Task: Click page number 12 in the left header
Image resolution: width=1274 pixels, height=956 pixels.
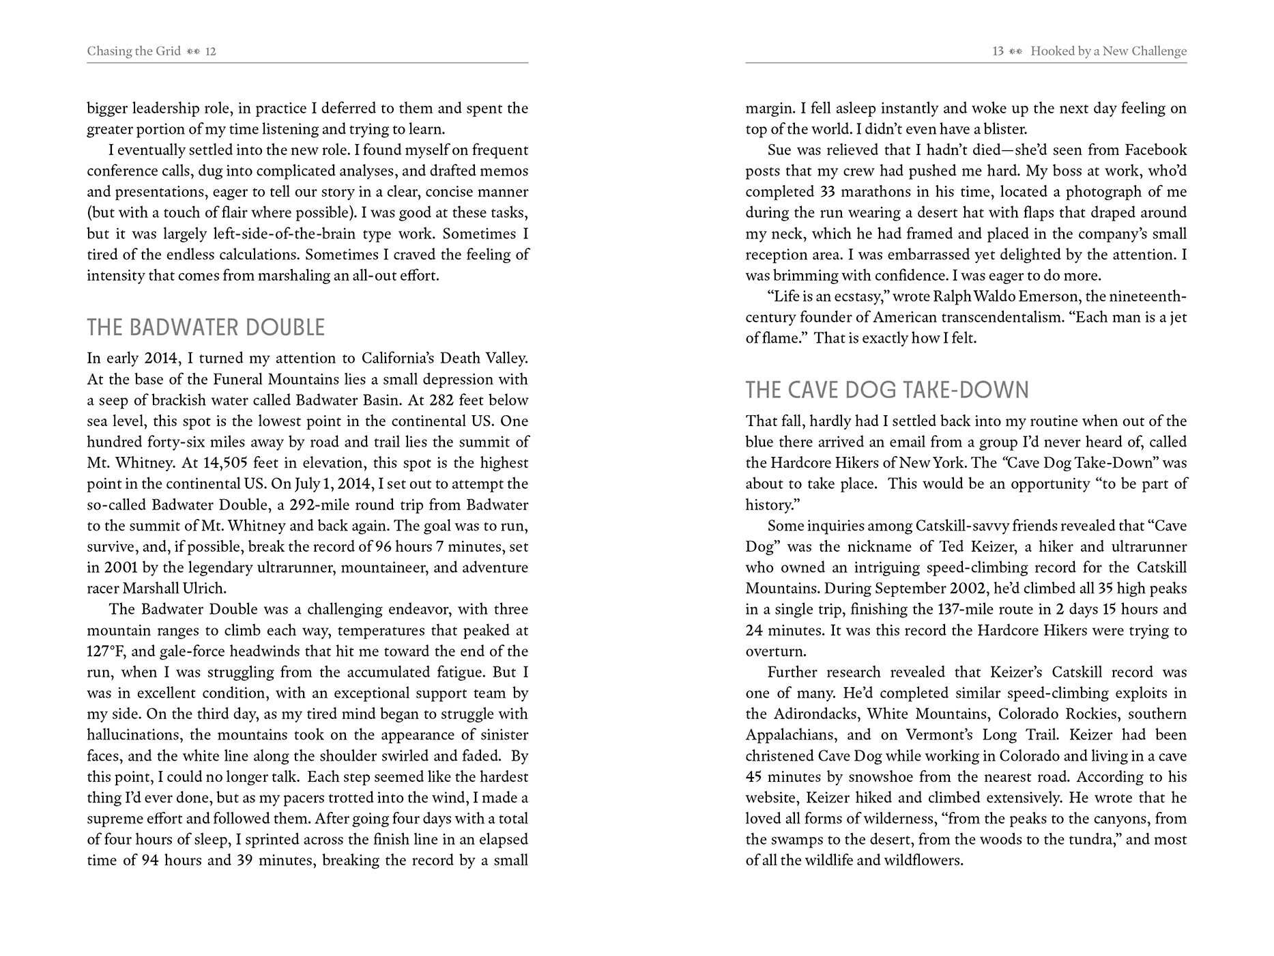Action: [x=211, y=51]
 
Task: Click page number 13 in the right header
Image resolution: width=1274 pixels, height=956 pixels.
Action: [x=998, y=51]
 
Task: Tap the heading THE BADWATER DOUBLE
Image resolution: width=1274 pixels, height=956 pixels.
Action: [x=205, y=328]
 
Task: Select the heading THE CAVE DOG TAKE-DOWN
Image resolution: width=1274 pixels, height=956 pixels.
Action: [x=886, y=390]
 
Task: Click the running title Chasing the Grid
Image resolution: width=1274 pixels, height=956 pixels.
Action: [x=134, y=51]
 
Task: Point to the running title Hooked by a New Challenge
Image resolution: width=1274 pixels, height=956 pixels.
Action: [x=1108, y=51]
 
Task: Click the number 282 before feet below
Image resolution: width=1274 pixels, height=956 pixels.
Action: [x=441, y=400]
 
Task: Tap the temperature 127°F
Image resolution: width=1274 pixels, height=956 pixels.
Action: [x=106, y=651]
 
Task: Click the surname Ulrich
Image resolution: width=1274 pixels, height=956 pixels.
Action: [x=204, y=589]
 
